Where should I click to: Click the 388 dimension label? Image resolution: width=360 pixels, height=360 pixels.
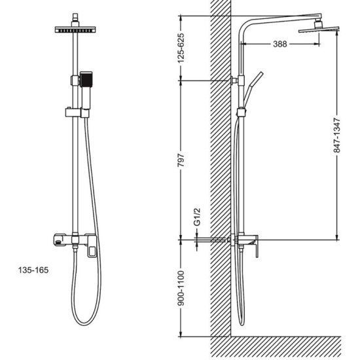pos(280,44)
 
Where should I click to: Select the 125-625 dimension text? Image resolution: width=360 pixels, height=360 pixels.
pos(181,48)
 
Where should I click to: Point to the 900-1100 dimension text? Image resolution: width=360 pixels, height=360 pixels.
pos(181,288)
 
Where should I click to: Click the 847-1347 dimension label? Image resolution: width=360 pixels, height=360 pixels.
pos(336,135)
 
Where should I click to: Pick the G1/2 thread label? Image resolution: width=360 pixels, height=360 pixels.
pos(197,217)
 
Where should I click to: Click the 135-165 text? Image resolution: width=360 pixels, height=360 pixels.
pos(33,270)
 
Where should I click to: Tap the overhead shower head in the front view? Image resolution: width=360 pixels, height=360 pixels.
pos(75,29)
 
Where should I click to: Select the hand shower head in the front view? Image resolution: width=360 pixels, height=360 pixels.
pos(86,79)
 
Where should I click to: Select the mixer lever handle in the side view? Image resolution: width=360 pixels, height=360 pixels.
pos(257,246)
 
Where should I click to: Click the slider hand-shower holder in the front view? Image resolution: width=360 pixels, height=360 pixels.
pos(77,113)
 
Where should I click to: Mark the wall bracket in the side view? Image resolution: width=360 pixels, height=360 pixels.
pos(234,81)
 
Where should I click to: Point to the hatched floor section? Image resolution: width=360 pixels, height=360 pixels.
pos(276,348)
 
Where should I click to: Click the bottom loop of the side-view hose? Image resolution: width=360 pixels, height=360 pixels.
pos(242,323)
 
